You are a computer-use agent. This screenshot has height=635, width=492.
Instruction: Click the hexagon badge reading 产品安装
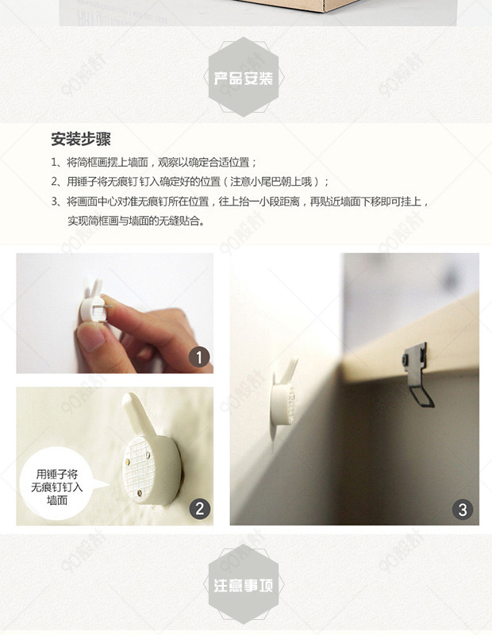pos(244,77)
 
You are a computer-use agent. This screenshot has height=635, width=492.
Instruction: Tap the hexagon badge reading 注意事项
pos(244,584)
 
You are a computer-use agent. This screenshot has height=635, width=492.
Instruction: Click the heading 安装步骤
pos(81,139)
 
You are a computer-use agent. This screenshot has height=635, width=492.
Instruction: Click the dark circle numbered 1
pos(199,358)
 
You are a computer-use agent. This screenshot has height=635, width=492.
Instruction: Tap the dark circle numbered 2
pos(200,508)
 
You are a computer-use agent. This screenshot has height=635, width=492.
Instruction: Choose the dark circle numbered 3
pos(463,510)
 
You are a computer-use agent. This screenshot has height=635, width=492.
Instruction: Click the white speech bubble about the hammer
pos(58,485)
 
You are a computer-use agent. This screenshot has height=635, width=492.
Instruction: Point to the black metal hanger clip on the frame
pos(418,375)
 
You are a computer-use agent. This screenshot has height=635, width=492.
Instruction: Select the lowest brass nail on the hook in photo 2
pos(140,493)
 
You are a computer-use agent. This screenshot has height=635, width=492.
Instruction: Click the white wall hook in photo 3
pos(283,399)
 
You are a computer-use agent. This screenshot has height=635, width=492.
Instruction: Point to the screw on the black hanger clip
pos(406,360)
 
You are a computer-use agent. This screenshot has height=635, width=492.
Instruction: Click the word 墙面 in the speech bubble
pos(57,500)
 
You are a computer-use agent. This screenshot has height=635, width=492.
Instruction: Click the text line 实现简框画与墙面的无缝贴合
pos(136,221)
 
